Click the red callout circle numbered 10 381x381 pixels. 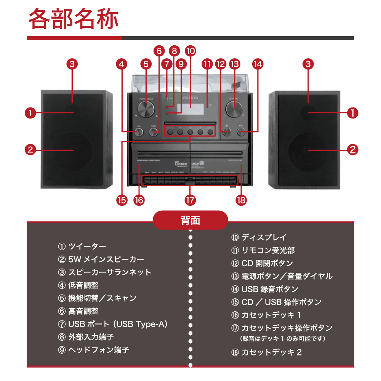(190, 51)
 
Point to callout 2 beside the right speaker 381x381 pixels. (353, 150)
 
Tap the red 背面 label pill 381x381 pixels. (190, 220)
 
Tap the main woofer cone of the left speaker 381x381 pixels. (72, 150)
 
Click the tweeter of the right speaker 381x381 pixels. (309, 113)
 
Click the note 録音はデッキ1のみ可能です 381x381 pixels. (283, 338)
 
